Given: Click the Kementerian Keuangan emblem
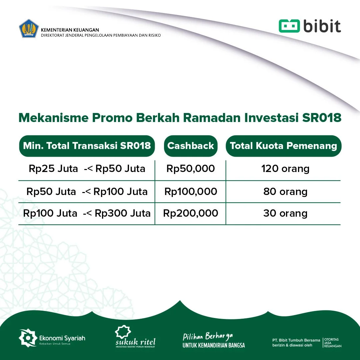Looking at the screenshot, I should pyautogui.click(x=29, y=29).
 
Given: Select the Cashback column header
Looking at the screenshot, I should pyautogui.click(x=191, y=146).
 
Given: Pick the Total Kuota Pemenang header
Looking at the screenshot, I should pyautogui.click(x=283, y=146).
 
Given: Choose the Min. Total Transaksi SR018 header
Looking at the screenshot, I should pyautogui.click(x=87, y=146).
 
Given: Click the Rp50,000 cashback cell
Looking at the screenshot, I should pyautogui.click(x=191, y=169).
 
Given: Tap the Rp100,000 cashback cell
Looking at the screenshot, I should pyautogui.click(x=191, y=192).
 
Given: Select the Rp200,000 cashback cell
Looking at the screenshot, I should pyautogui.click(x=191, y=213).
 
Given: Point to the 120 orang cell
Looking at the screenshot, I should pyautogui.click(x=285, y=169).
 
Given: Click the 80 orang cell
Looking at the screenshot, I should pyautogui.click(x=285, y=192).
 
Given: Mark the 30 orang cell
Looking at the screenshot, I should pyautogui.click(x=285, y=213).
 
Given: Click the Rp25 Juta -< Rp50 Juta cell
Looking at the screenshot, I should pyautogui.click(x=87, y=169).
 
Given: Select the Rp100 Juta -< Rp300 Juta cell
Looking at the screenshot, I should pyautogui.click(x=87, y=213).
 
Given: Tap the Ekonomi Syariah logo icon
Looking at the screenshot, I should pyautogui.click(x=27, y=338).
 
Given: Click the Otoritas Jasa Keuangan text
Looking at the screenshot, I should pyautogui.click(x=333, y=343).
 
